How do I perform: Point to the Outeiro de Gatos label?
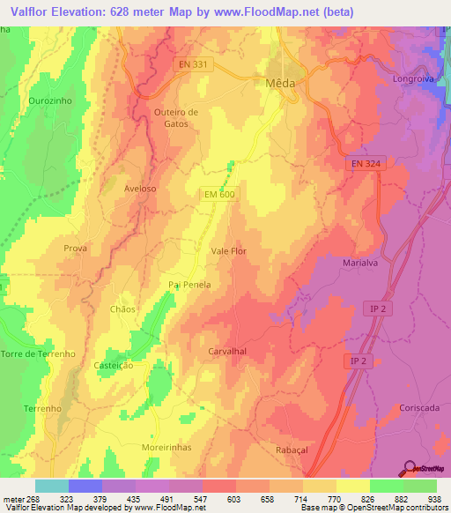pyautogui.click(x=176, y=118)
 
